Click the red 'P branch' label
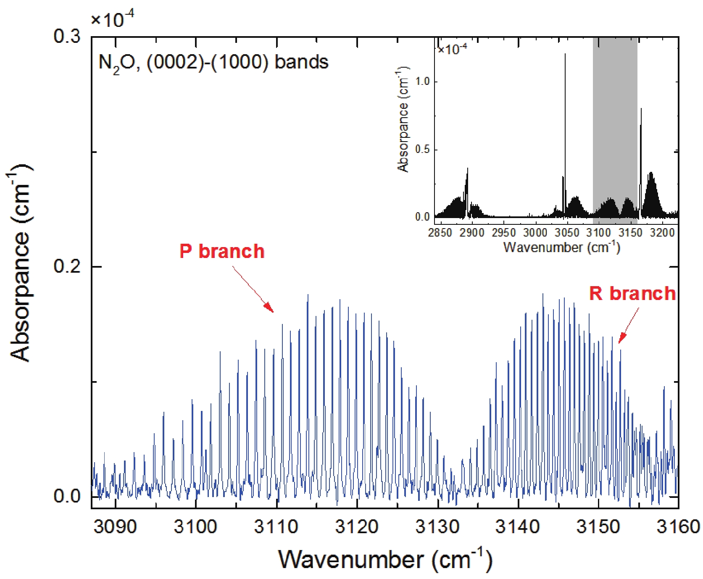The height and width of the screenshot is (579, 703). (x=222, y=251)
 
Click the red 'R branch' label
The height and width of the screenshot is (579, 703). (x=632, y=293)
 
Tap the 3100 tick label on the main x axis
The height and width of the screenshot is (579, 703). (x=196, y=526)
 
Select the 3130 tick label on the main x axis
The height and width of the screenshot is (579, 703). (x=437, y=526)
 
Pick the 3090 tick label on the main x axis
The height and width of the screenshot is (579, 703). (x=115, y=526)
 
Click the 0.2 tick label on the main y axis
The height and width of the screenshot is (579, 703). (x=67, y=266)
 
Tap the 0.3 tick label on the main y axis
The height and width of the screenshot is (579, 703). (x=67, y=37)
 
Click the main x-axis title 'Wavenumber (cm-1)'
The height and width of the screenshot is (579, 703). (x=384, y=560)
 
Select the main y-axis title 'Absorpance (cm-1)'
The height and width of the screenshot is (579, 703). (x=20, y=263)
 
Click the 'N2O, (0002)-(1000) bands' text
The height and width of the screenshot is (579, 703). (x=213, y=63)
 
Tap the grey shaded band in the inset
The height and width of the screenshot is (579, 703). (x=615, y=126)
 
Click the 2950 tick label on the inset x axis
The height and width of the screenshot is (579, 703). (x=503, y=232)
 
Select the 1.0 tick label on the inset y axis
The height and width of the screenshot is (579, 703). (x=422, y=81)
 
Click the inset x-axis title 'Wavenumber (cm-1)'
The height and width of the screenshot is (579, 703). (x=561, y=247)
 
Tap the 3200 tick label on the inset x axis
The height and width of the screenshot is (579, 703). (x=662, y=232)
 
